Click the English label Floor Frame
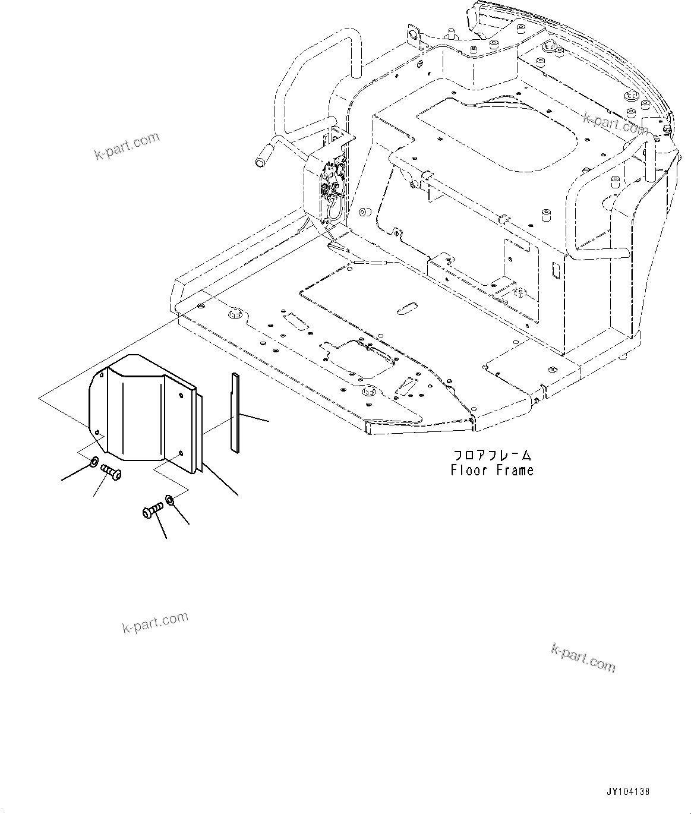492,470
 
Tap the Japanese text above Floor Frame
492,455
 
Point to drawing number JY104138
628,791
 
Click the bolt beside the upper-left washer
111,472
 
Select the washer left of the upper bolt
94,462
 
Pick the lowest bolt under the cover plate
153,510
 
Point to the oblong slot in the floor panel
407,307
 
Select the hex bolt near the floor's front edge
369,391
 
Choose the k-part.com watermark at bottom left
155,622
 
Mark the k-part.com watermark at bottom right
583,658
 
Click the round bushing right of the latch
363,212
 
